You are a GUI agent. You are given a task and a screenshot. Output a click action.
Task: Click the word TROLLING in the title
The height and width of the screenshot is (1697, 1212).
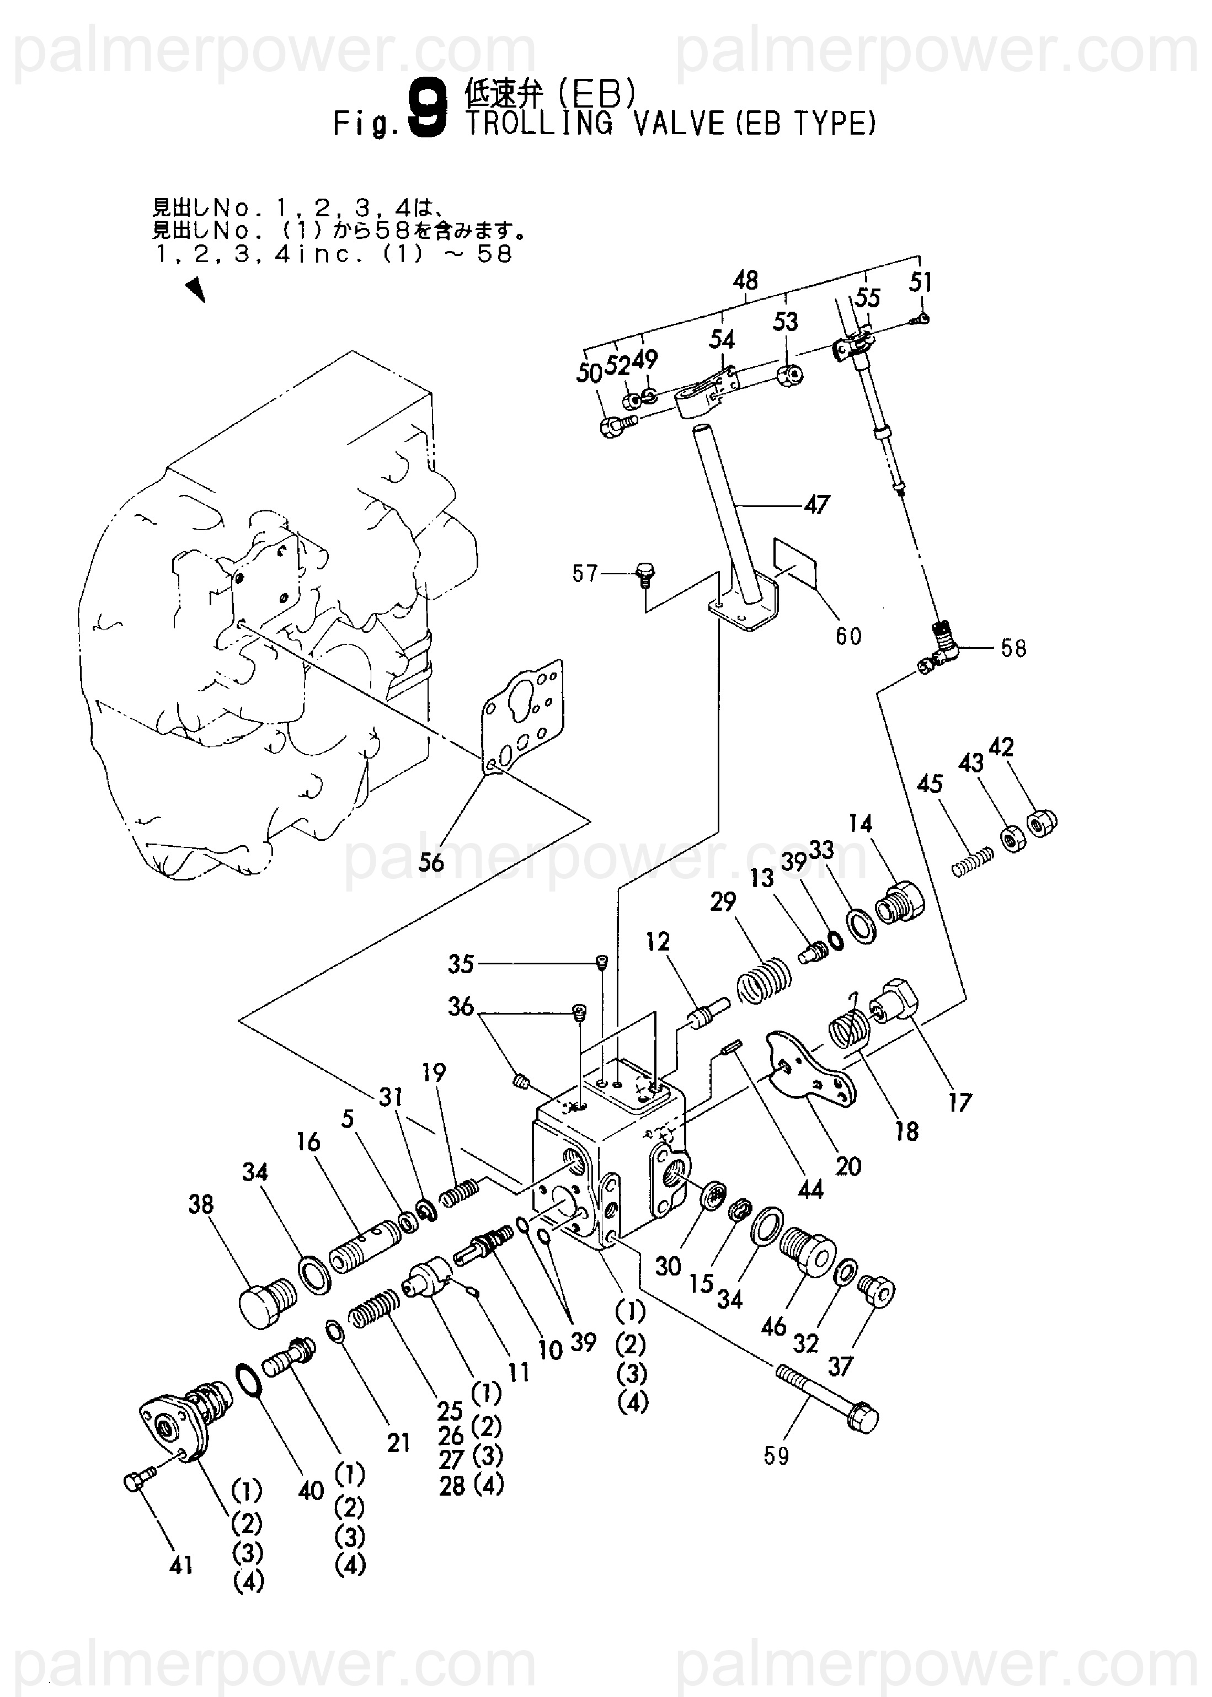pos(539,122)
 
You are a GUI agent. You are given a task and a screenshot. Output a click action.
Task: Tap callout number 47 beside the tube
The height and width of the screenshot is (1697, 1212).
pos(816,505)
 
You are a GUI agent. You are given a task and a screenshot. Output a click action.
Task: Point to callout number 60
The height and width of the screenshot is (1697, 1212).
pos(848,637)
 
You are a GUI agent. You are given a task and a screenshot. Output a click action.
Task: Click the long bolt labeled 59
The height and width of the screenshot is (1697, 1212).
pos(827,1398)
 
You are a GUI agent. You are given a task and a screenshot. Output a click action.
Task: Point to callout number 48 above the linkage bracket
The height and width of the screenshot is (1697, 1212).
pos(745,281)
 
